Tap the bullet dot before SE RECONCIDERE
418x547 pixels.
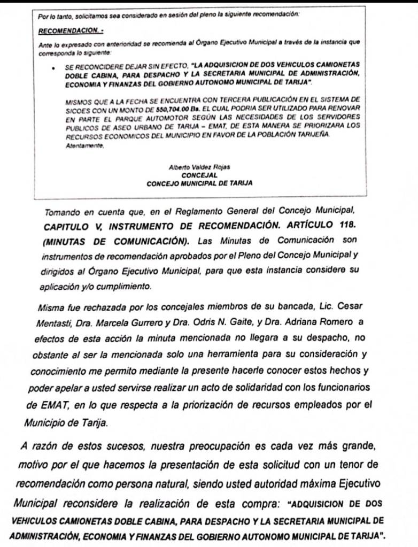(x=55, y=68)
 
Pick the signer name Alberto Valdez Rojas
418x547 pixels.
(x=199, y=167)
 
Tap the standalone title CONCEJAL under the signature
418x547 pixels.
(x=199, y=174)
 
